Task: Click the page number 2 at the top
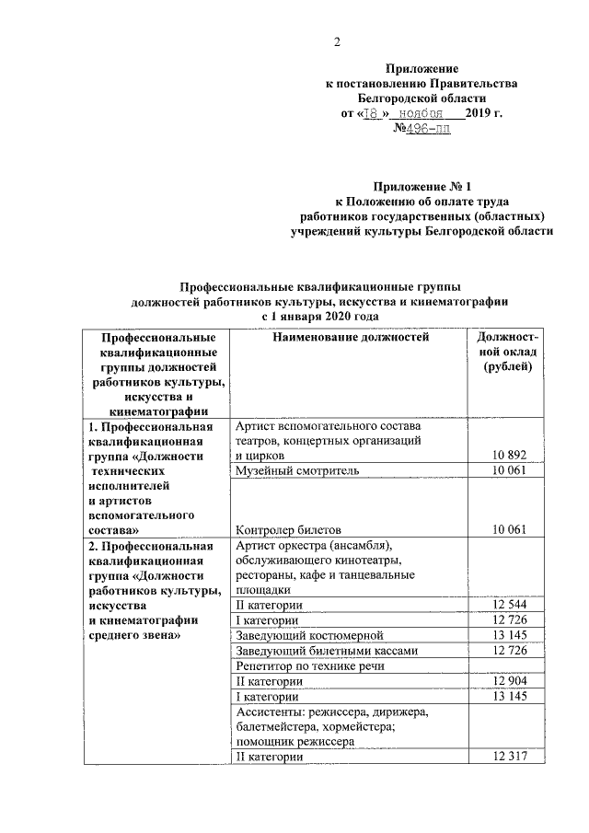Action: click(x=337, y=41)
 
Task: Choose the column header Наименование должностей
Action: click(x=351, y=339)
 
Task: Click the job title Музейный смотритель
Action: click(x=296, y=470)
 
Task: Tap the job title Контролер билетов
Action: click(x=289, y=529)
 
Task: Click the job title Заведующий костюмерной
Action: click(x=308, y=635)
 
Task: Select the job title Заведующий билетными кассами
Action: click(x=326, y=650)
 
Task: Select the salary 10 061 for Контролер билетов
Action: click(x=504, y=529)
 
